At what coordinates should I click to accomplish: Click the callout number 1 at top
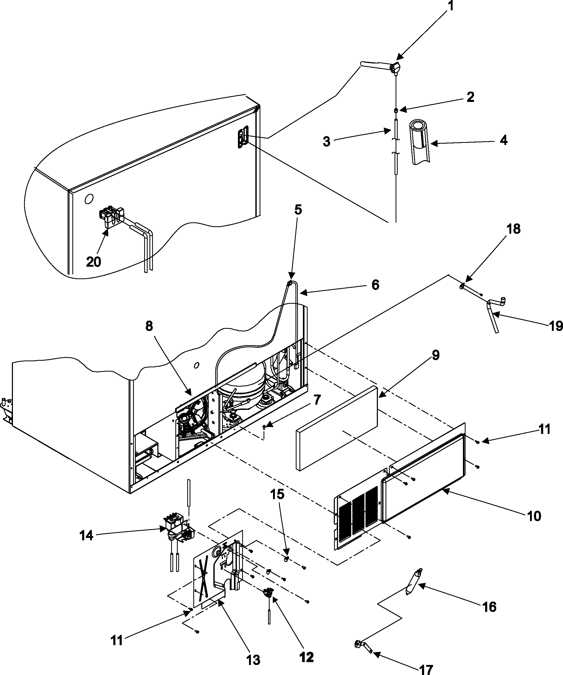pos(451,6)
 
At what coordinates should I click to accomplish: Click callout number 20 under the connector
pos(93,262)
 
